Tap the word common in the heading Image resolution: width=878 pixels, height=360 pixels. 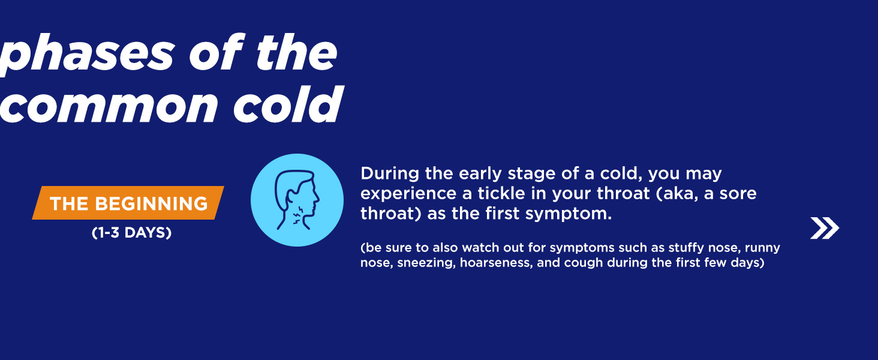pos(108,105)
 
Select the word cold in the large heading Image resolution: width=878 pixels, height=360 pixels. pos(288,104)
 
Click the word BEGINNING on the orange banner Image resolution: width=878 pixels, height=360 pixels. pos(151,203)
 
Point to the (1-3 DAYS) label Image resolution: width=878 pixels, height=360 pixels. pos(132,233)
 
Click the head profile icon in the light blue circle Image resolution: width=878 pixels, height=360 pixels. pos(297,200)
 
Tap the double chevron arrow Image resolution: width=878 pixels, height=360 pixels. pos(825,228)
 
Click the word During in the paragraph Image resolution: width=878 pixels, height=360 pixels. pos(390,173)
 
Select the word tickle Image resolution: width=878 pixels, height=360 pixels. pos(501,193)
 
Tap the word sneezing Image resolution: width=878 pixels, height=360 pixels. pos(426,263)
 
